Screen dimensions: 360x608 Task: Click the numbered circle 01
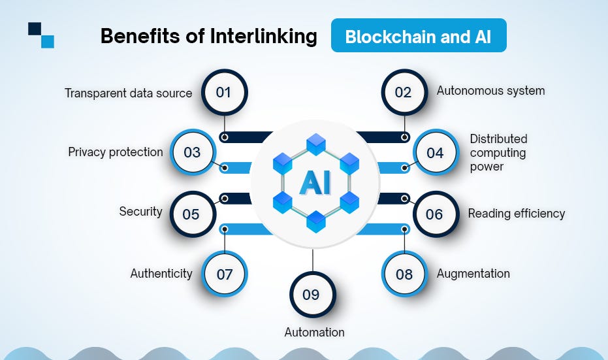pyautogui.click(x=224, y=92)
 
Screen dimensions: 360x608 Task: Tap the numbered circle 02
pyautogui.click(x=404, y=92)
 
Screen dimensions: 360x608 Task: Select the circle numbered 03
pyautogui.click(x=192, y=153)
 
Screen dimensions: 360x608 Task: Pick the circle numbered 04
pyautogui.click(x=435, y=153)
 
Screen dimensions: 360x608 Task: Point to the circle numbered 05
pyautogui.click(x=191, y=214)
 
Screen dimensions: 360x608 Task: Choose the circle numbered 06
pyautogui.click(x=434, y=214)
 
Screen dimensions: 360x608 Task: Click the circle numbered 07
pyautogui.click(x=225, y=274)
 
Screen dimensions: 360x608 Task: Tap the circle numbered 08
pyautogui.click(x=404, y=274)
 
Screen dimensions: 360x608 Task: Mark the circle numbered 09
pyautogui.click(x=312, y=295)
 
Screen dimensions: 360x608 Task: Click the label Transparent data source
pyautogui.click(x=129, y=93)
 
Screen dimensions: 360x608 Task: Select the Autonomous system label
pyautogui.click(x=490, y=91)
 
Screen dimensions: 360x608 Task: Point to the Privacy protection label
pyautogui.click(x=116, y=152)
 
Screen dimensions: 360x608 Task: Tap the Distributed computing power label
pyautogui.click(x=499, y=152)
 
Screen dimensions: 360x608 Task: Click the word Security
pyautogui.click(x=140, y=212)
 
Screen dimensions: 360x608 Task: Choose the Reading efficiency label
pyautogui.click(x=517, y=213)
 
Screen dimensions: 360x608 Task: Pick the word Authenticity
pyautogui.click(x=161, y=273)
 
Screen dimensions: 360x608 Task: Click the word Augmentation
pyautogui.click(x=473, y=273)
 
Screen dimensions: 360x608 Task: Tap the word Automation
pyautogui.click(x=314, y=332)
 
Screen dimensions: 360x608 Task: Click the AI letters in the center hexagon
pyautogui.click(x=315, y=184)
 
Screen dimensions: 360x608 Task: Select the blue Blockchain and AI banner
pyautogui.click(x=418, y=36)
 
